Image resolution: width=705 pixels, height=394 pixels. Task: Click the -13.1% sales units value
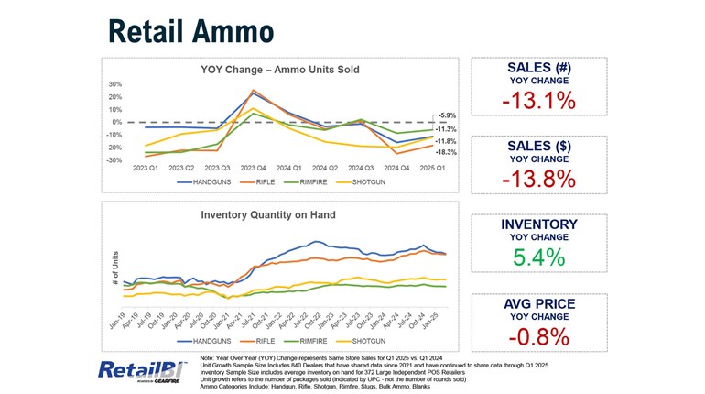[x=539, y=101]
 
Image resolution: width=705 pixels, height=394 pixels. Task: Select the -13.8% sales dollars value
[x=539, y=179]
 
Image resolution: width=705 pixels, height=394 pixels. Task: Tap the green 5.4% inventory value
[x=539, y=257]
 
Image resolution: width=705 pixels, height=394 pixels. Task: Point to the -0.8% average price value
[x=539, y=336]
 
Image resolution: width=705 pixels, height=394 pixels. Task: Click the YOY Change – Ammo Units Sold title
[x=279, y=70]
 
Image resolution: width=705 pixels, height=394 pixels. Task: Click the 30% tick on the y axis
[x=115, y=84]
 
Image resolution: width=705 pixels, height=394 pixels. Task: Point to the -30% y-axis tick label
[x=114, y=160]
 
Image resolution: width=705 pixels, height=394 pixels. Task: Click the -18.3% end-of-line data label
[x=447, y=152]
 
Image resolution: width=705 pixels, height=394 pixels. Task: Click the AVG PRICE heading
[x=539, y=303]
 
